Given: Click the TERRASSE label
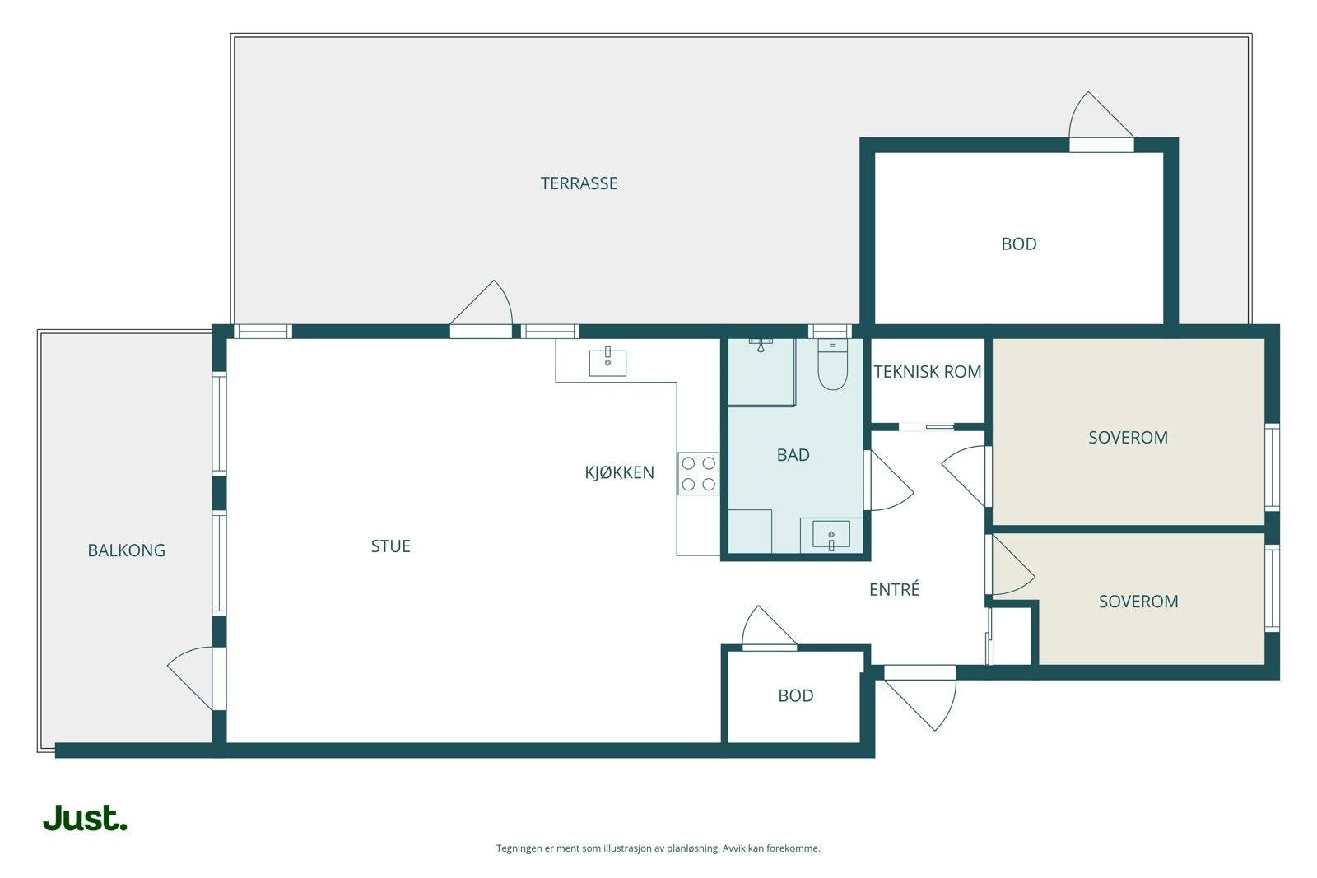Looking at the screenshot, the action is point(579,183).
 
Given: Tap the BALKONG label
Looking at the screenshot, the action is point(127,550).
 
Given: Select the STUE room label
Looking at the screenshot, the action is point(390,546).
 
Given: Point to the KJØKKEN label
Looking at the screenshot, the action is point(619,472).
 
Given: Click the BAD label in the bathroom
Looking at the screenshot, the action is point(793,454).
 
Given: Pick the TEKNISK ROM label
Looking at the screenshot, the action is point(927,371).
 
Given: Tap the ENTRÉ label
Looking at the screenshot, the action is point(894,589).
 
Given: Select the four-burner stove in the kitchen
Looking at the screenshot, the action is point(698,474).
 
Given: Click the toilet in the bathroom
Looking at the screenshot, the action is point(832,365).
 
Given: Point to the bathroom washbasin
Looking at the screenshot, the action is point(831,534).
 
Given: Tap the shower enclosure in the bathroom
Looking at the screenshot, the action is point(761,372).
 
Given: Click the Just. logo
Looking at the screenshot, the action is point(86,818).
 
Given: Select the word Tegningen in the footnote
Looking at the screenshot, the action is point(519,848).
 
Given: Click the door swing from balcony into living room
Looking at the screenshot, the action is point(190,678).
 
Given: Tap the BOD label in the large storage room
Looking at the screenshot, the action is point(1019,244).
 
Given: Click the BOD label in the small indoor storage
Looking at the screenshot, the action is point(795,695).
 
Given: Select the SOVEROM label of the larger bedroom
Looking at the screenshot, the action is point(1128,437).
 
